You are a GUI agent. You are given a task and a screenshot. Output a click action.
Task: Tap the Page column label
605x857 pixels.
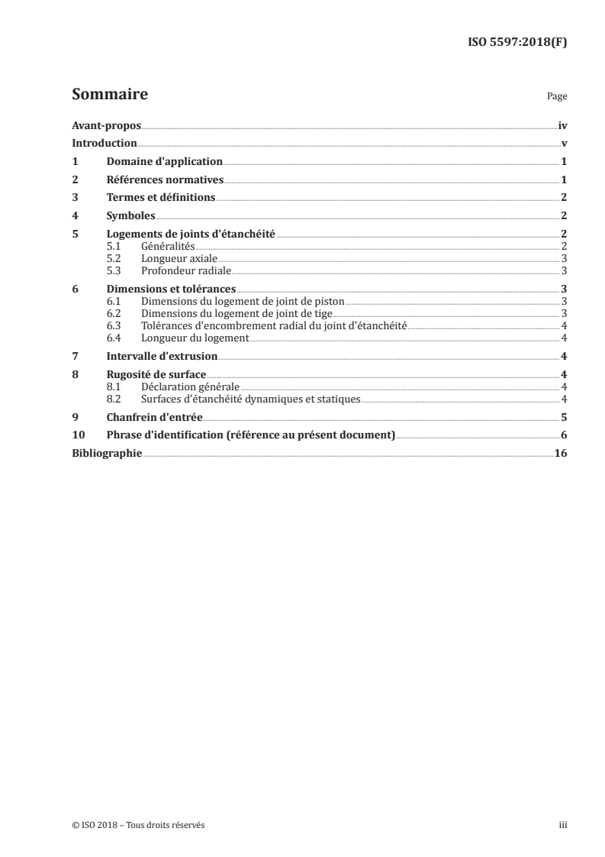pyautogui.click(x=557, y=98)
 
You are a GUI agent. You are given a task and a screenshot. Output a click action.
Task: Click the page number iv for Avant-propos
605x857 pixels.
pyautogui.click(x=562, y=125)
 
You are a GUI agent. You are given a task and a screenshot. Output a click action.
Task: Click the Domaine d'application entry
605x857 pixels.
pyautogui.click(x=164, y=162)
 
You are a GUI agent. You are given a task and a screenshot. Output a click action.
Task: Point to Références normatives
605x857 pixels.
pyautogui.click(x=165, y=180)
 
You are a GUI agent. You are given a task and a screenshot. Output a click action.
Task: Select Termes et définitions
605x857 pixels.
pyautogui.click(x=161, y=198)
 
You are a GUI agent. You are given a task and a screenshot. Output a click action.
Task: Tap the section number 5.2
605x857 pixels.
pyautogui.click(x=114, y=259)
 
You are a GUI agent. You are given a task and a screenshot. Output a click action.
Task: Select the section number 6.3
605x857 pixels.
pyautogui.click(x=114, y=325)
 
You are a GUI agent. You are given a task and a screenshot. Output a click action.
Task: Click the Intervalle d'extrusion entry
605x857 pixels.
pyautogui.click(x=162, y=356)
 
